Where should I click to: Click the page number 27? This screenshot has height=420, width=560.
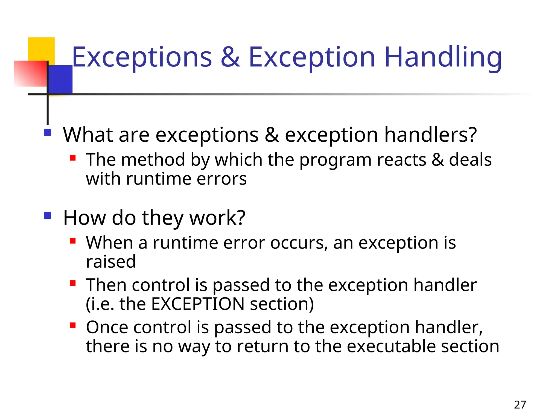click(520, 405)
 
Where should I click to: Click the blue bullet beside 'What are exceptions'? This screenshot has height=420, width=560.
click(48, 133)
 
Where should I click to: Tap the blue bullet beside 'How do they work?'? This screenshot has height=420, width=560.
click(48, 215)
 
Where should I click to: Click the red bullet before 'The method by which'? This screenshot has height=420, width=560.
click(73, 158)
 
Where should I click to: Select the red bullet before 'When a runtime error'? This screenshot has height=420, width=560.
click(73, 241)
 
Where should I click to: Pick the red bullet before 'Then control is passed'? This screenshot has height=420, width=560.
click(73, 283)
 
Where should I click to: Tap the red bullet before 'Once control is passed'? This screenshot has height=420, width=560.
click(73, 325)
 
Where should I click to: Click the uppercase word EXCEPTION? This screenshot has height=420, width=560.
click(198, 304)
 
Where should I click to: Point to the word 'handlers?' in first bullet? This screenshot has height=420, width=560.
click(430, 135)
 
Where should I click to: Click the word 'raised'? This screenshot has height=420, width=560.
click(111, 262)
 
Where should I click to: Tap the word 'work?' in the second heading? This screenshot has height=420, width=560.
click(217, 218)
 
